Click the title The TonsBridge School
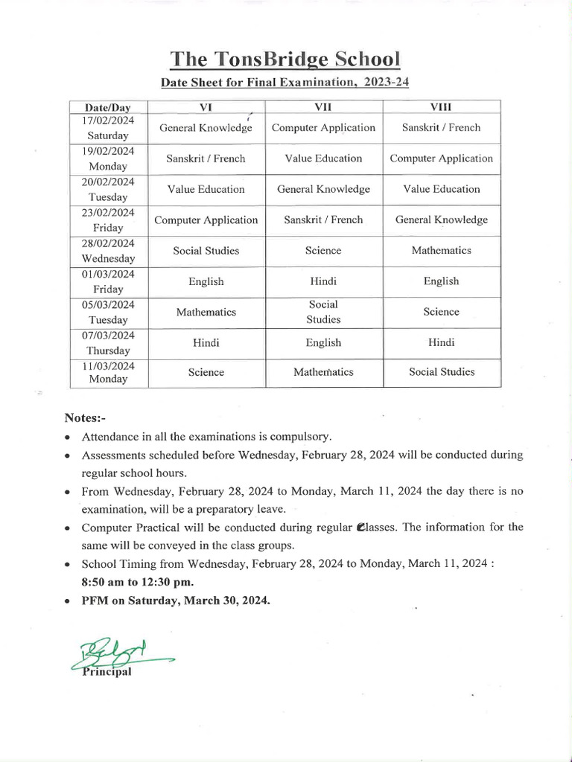[x=285, y=60]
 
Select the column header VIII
[x=441, y=107]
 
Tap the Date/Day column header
[x=108, y=107]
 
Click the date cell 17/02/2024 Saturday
[x=108, y=127]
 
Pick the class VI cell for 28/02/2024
[x=206, y=251]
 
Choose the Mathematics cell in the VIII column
[x=441, y=251]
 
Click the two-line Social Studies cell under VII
[x=323, y=312]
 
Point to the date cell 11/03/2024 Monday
[x=108, y=372]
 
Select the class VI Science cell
[x=206, y=372]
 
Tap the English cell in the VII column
[x=323, y=343]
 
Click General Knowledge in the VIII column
[x=441, y=220]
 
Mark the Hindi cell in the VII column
[x=323, y=281]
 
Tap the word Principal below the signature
[x=107, y=672]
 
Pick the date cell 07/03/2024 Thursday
[x=108, y=343]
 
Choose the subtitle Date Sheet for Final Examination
[x=285, y=83]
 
